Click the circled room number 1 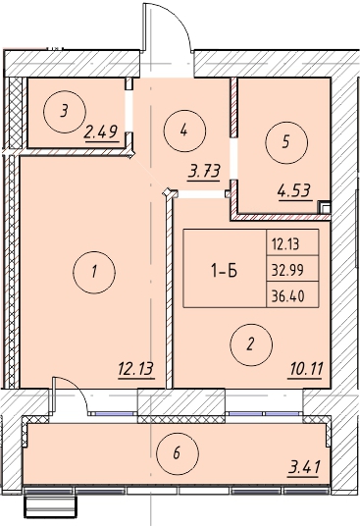[x=94, y=272]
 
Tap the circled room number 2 [x=251, y=344]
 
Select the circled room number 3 [x=65, y=111]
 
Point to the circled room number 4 [x=184, y=131]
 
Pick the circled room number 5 [x=286, y=142]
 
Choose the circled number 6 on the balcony [x=177, y=453]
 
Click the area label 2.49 [x=102, y=132]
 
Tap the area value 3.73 [x=204, y=172]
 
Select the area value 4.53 [x=294, y=191]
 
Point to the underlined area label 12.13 [x=135, y=369]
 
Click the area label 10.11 [x=305, y=369]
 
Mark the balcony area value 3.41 [x=304, y=467]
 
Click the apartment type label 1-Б [x=224, y=270]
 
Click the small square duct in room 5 [x=325, y=207]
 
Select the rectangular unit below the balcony [x=50, y=506]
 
